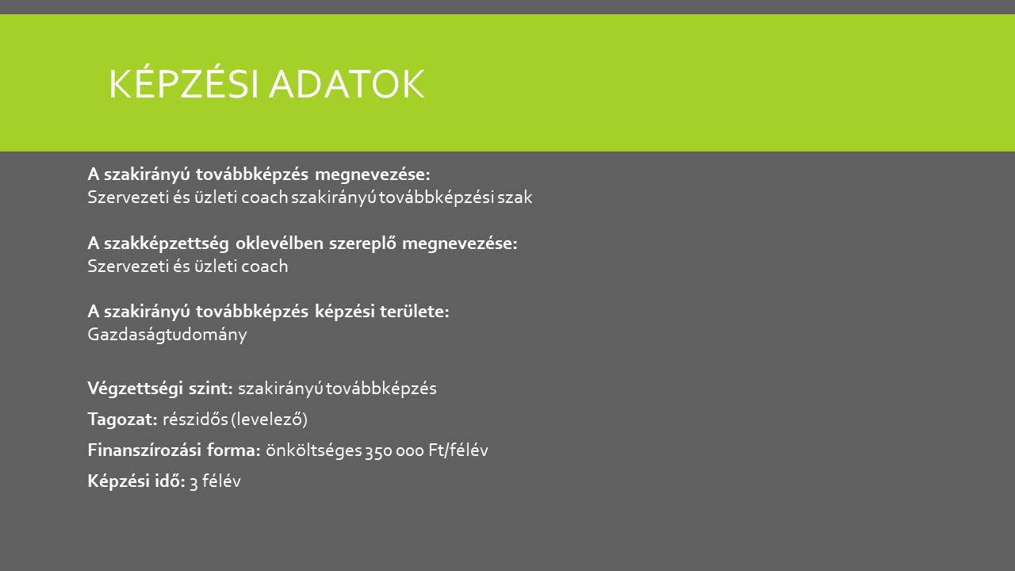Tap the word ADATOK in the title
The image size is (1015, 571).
pyautogui.click(x=347, y=84)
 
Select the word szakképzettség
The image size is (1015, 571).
pyautogui.click(x=167, y=243)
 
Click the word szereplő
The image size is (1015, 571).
pyautogui.click(x=362, y=243)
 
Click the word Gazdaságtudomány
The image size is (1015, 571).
pyautogui.click(x=167, y=335)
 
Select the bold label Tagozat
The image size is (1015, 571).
pyautogui.click(x=122, y=420)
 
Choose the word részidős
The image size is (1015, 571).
pyautogui.click(x=195, y=420)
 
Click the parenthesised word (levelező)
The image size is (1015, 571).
pyautogui.click(x=269, y=420)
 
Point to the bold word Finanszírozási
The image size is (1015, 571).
pyautogui.click(x=144, y=450)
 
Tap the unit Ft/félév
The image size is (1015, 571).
pyautogui.click(x=458, y=450)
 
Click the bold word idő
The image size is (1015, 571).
pyautogui.click(x=170, y=481)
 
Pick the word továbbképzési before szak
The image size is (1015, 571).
pyautogui.click(x=436, y=198)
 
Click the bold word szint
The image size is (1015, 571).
pyautogui.click(x=211, y=389)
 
